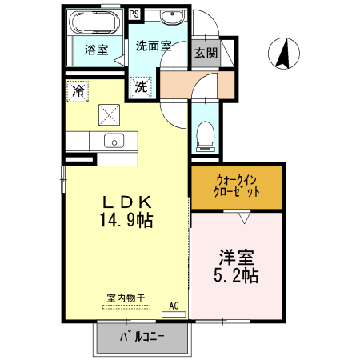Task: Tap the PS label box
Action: [x=134, y=14]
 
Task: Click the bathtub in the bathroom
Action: [x=94, y=22]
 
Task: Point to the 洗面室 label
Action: [x=152, y=46]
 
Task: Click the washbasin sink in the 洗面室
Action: [x=170, y=18]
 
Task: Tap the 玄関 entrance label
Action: [x=206, y=53]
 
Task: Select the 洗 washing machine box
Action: [x=141, y=86]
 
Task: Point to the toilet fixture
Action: [x=206, y=134]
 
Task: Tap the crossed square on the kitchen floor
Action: [x=109, y=115]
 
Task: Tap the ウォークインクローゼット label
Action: [x=237, y=186]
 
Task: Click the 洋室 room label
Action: [x=238, y=258]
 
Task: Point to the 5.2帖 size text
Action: [x=238, y=277]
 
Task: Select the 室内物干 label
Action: [x=126, y=298]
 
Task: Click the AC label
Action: [x=174, y=305]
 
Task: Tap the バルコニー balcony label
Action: [x=143, y=336]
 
